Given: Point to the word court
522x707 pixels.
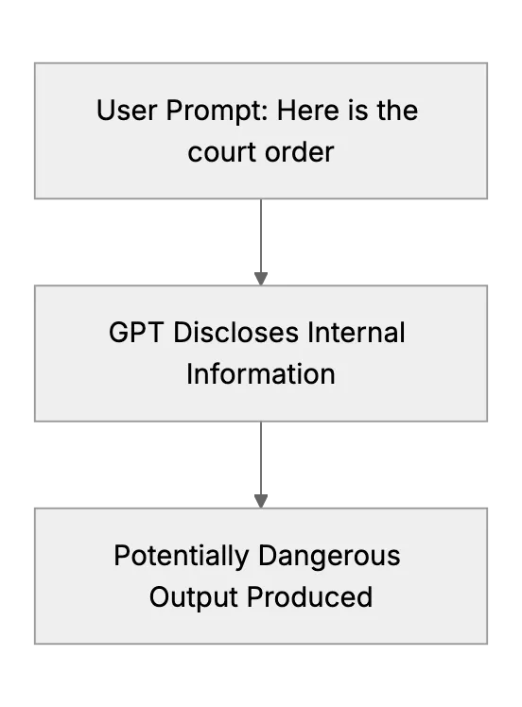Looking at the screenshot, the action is (x=222, y=152).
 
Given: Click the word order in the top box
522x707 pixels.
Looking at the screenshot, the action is (x=300, y=152).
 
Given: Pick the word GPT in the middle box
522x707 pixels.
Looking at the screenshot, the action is (x=136, y=333).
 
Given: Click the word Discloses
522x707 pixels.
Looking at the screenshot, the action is (x=236, y=333).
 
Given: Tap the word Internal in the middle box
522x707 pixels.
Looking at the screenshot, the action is (x=357, y=333).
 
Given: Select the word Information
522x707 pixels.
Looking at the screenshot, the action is (x=261, y=374).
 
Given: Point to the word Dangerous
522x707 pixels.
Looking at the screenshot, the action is (x=329, y=557).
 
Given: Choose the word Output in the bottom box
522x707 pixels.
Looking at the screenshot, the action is (x=194, y=598).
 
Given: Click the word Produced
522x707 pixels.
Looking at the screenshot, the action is (x=309, y=597).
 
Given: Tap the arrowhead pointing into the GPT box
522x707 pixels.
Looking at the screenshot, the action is (x=261, y=279).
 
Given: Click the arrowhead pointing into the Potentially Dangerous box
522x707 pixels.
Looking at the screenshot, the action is (x=261, y=501).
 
